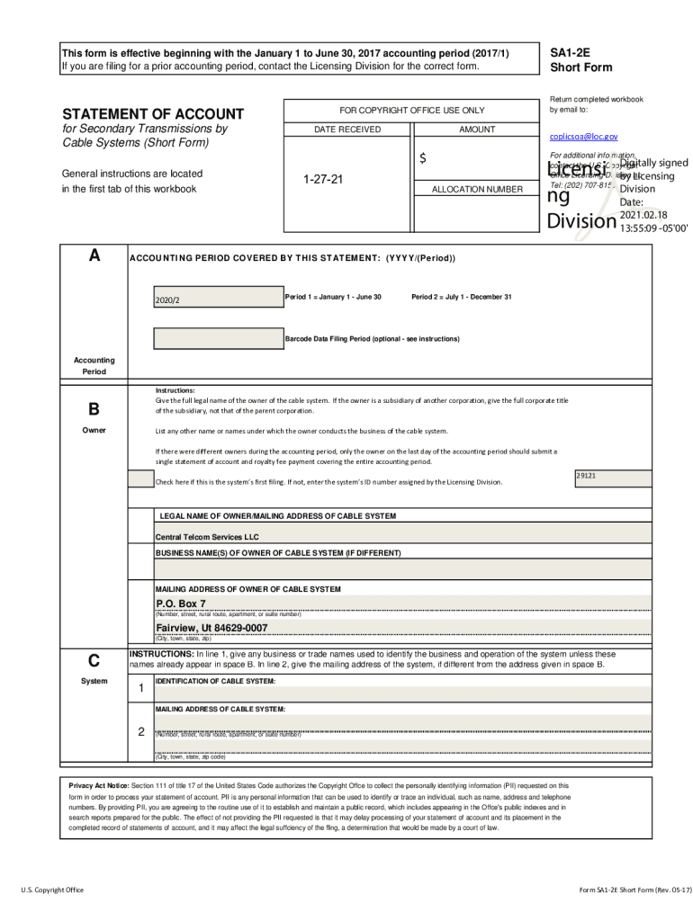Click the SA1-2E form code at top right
pyautogui.click(x=570, y=53)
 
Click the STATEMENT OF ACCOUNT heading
pyautogui.click(x=152, y=114)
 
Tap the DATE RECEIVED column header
pyautogui.click(x=346, y=130)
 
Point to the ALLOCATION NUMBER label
pyautogui.click(x=477, y=190)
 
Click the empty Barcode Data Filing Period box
pyautogui.click(x=218, y=339)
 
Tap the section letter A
pyautogui.click(x=94, y=255)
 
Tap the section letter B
pyautogui.click(x=94, y=410)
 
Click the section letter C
pyautogui.click(x=94, y=661)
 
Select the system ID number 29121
pyautogui.click(x=587, y=475)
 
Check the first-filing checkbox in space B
pyautogui.click(x=140, y=479)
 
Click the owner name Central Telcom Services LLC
pyautogui.click(x=207, y=536)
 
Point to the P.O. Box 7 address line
pyautogui.click(x=181, y=604)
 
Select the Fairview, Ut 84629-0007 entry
pyautogui.click(x=211, y=627)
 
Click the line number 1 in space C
pyautogui.click(x=140, y=689)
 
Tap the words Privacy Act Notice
pyautogui.click(x=99, y=785)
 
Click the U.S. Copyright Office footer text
pyautogui.click(x=52, y=890)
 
